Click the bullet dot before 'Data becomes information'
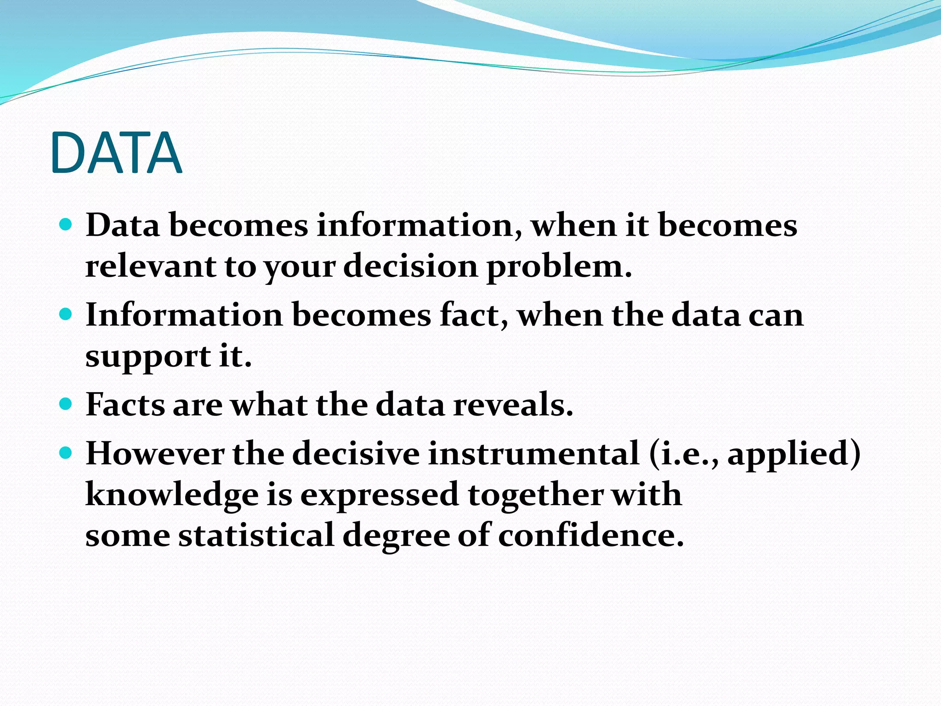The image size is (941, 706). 66,224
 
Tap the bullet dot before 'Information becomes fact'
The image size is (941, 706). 66,314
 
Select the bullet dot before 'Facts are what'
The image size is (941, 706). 66,404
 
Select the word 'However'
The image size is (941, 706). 155,454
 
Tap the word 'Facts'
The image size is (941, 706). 125,405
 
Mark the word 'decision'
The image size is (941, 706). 410,266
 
